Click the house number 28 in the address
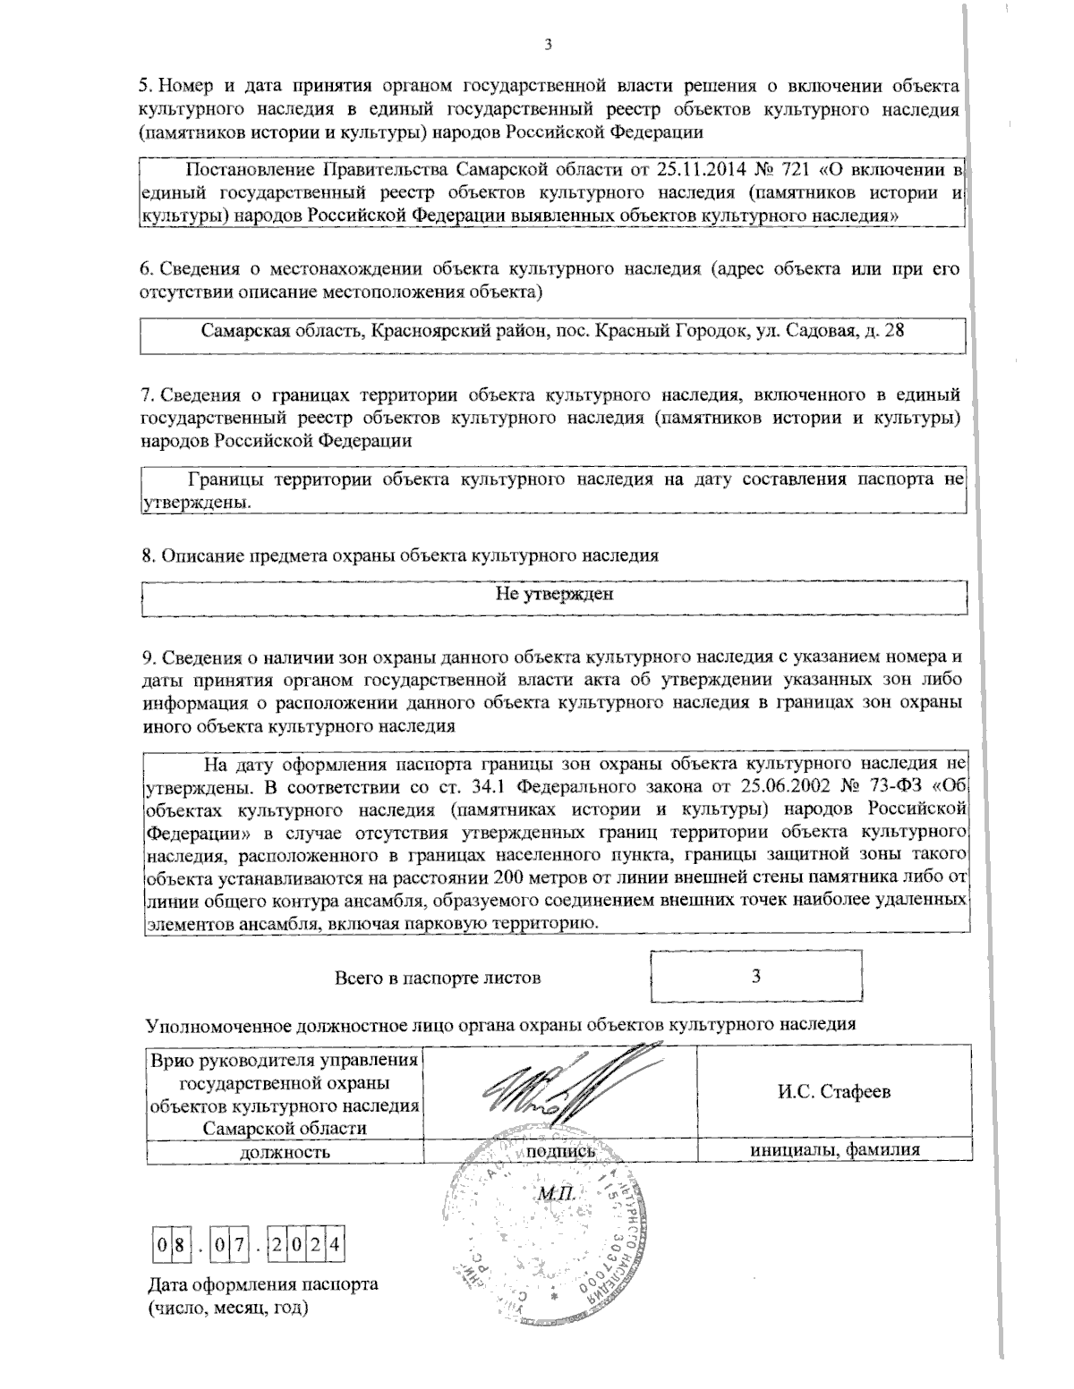click(893, 331)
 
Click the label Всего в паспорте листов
click(437, 977)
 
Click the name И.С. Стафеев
click(833, 1093)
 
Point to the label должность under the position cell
click(285, 1152)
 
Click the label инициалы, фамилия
click(834, 1152)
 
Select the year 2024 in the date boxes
click(307, 1244)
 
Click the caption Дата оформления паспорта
click(261, 1284)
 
